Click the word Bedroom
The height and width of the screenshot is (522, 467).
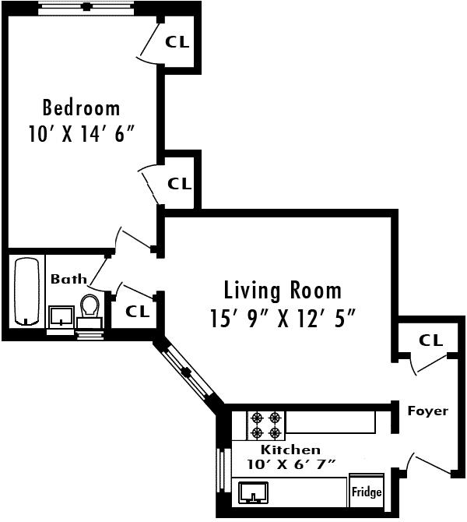point(81,108)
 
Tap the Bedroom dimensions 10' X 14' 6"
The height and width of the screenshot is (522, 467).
point(81,134)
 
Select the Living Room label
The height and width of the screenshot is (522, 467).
point(283,290)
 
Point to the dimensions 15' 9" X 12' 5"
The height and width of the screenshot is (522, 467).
point(283,318)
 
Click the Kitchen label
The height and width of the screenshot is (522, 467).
point(290,450)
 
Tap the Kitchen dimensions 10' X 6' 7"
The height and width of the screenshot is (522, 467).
point(291,464)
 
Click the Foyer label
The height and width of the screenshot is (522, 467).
point(428,411)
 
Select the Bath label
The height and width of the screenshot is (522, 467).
point(68,279)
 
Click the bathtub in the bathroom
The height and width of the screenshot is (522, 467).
point(26,291)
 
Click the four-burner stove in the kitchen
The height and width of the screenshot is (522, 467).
point(265,425)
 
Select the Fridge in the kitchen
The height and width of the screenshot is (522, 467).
point(367,491)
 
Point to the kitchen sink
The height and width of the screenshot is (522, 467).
point(253,492)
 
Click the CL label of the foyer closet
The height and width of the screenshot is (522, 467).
point(430,340)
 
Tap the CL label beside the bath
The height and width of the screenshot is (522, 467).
point(137,312)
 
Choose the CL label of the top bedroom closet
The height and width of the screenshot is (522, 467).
point(177,41)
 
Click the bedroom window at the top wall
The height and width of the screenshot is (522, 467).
point(86,7)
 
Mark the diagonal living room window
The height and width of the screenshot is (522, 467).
point(187,371)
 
